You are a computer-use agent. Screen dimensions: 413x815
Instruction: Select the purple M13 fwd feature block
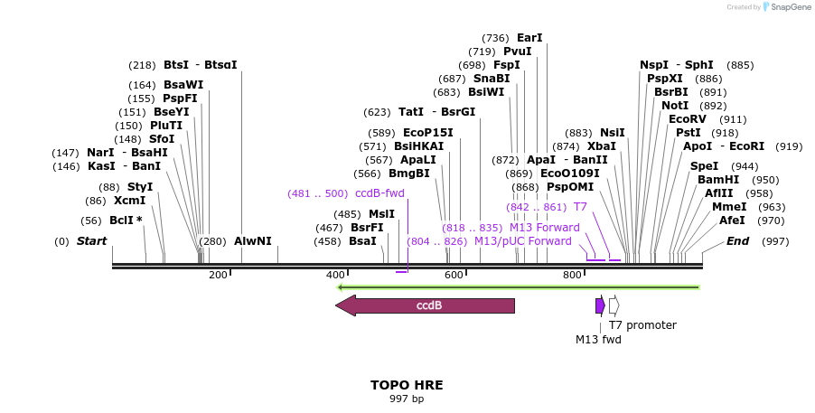[600, 305]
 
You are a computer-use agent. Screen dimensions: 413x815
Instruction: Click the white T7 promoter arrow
[614, 305]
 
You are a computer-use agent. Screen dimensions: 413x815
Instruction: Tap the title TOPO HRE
[407, 385]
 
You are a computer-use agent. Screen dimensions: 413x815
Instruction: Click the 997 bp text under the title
[407, 399]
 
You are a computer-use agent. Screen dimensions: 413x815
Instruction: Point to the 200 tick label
[218, 275]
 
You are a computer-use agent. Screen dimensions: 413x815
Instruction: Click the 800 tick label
[572, 275]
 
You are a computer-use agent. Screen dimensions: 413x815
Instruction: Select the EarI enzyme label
[529, 38]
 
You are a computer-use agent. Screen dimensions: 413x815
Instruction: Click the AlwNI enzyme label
[253, 241]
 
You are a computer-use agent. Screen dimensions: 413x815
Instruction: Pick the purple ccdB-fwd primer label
[379, 193]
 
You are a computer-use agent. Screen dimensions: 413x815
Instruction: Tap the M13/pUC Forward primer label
[523, 241]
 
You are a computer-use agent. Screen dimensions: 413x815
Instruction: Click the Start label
[91, 241]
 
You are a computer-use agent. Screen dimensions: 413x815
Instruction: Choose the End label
[738, 241]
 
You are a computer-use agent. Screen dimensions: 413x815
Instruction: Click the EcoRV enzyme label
[688, 119]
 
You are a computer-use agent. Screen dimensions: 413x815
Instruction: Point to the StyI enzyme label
[140, 187]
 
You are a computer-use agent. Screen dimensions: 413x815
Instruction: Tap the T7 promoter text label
[642, 325]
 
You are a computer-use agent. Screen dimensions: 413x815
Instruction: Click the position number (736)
[495, 38]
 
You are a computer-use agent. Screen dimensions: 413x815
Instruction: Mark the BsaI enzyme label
[362, 241]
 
